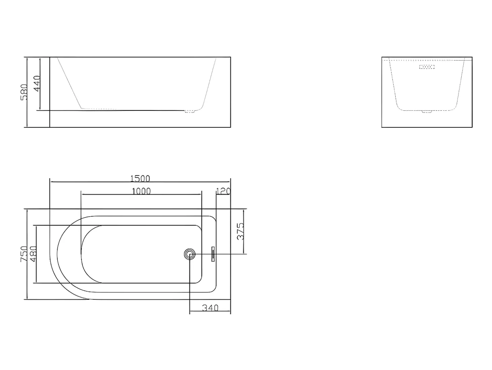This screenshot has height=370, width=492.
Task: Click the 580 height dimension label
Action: [24, 92]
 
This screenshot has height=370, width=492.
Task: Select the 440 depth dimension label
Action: [37, 83]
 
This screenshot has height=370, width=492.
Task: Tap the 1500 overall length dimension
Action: [140, 179]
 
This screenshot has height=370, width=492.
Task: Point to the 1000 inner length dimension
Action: [141, 191]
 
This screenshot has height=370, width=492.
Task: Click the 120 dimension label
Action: [223, 191]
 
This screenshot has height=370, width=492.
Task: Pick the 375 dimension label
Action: [240, 232]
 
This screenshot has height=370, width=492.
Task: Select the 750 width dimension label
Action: [24, 254]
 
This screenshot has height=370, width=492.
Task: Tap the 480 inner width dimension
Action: [33, 254]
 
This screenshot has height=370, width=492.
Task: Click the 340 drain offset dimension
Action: [210, 308]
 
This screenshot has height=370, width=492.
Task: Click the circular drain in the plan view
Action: [190, 254]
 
